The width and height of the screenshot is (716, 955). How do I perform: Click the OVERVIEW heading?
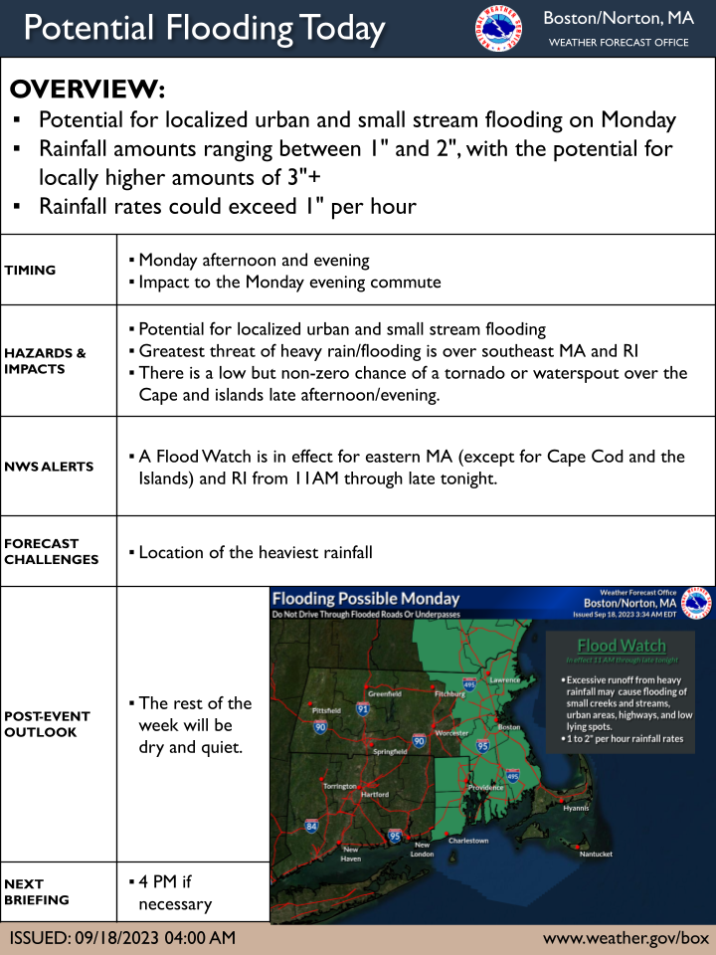point(88,89)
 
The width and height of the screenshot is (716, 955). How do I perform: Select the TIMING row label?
point(30,270)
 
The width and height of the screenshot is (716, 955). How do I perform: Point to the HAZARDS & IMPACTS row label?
point(45,361)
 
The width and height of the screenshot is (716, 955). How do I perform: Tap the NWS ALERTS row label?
point(49,466)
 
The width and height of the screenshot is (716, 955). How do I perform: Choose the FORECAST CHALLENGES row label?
point(51,551)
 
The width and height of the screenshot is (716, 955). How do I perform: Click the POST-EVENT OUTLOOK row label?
point(47,723)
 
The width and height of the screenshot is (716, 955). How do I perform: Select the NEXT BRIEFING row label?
point(37,891)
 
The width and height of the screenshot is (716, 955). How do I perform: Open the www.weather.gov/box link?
point(626,938)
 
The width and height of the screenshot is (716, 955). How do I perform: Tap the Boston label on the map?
point(509,727)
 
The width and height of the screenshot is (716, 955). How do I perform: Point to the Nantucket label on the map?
point(596,855)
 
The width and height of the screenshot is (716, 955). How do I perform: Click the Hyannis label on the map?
point(576,808)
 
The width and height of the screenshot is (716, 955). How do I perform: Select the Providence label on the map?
point(486,787)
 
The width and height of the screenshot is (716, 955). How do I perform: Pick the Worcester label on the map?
point(451,733)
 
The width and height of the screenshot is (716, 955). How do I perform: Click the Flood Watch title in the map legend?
point(622,646)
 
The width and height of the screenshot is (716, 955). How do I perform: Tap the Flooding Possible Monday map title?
point(366,599)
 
